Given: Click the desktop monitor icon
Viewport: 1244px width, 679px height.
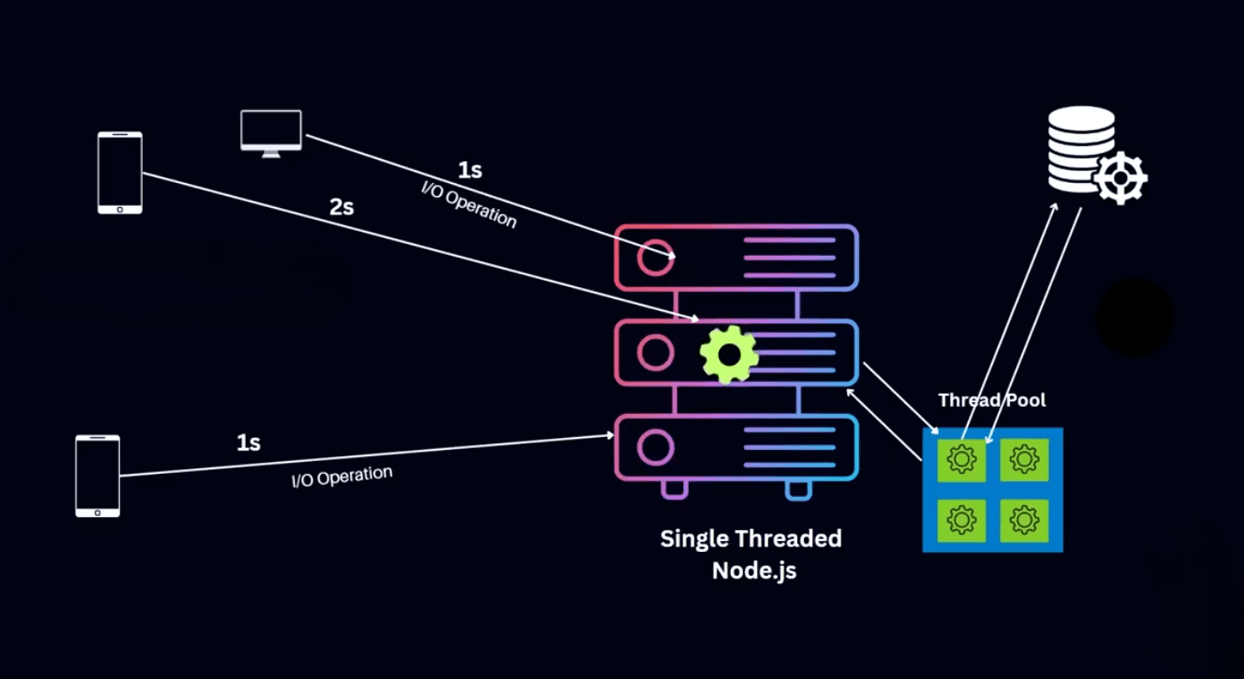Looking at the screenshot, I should click(271, 132).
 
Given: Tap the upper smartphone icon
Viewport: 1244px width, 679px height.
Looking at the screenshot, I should click(120, 173).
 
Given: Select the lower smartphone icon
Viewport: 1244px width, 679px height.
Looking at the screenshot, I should click(98, 476).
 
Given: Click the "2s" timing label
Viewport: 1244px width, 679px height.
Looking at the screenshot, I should click(342, 207).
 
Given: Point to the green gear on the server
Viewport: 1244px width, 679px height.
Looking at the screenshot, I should click(729, 354).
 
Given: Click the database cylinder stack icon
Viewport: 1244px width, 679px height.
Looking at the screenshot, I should click(1080, 149).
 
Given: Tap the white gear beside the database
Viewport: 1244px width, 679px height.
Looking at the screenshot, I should click(1121, 178).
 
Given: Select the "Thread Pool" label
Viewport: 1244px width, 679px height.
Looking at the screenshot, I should click(992, 400).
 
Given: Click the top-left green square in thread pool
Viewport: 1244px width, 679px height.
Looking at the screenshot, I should click(961, 458).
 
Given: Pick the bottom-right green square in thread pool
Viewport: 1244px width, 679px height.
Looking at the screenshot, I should click(1024, 520).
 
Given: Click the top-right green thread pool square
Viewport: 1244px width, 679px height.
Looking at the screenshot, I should click(1024, 458).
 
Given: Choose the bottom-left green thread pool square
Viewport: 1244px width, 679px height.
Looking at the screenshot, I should click(961, 520).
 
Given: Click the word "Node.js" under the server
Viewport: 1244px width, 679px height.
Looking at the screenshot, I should click(753, 570).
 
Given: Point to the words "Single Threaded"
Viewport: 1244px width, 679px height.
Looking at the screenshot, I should click(750, 539).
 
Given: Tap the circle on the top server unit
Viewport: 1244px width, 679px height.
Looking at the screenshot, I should click(656, 258).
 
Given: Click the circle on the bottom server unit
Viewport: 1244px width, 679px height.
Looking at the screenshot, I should click(656, 448).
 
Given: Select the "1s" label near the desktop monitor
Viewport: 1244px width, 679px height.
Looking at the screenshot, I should click(470, 170).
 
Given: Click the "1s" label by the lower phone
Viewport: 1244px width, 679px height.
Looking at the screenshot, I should click(249, 443).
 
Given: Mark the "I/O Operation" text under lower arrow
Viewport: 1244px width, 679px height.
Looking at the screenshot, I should click(342, 477).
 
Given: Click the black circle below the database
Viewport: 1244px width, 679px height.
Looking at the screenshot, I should click(1134, 317).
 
